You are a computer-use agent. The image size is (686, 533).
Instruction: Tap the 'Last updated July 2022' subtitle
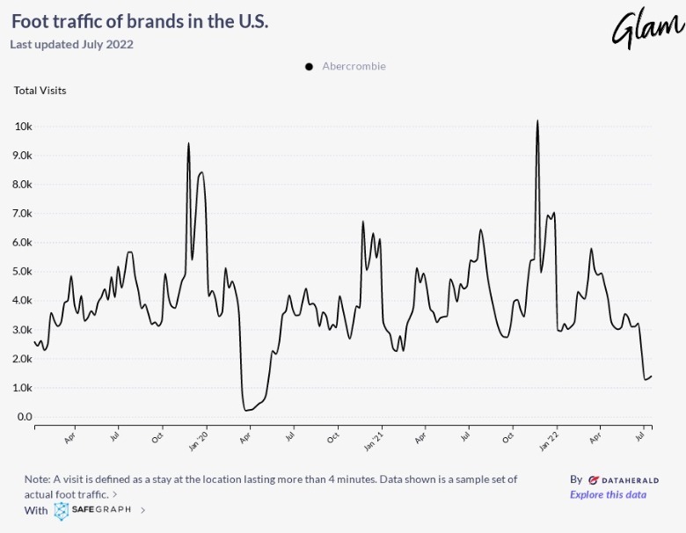pos(71,44)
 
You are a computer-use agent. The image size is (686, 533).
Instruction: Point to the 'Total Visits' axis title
pos(40,90)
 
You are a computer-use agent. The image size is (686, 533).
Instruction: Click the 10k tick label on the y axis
pos(24,127)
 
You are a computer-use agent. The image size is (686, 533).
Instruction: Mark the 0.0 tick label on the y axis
pos(25,417)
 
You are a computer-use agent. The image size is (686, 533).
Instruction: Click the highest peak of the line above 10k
pos(536,120)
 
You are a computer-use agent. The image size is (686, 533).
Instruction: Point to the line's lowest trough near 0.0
pos(245,410)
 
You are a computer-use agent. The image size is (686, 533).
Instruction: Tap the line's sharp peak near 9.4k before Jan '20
pos(188,143)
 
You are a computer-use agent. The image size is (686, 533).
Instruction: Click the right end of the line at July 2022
pos(651,376)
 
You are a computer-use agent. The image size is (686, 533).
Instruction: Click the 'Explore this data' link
pos(608,494)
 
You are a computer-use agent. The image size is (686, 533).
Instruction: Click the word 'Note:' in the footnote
pos(39,479)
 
